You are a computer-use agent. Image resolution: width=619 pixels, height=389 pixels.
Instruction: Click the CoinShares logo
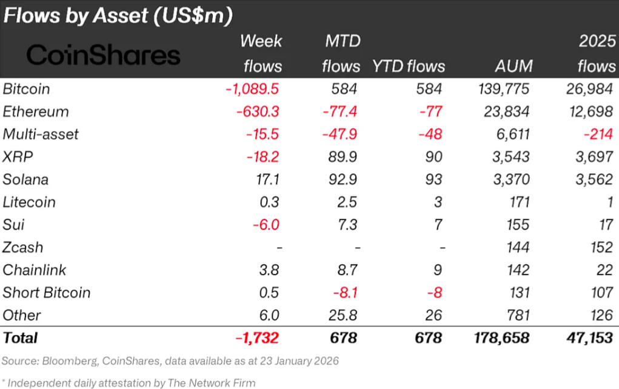pos(104,55)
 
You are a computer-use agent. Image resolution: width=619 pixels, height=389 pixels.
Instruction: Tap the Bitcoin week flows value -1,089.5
pos(252,89)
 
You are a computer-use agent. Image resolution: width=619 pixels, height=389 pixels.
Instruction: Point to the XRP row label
pos(18,157)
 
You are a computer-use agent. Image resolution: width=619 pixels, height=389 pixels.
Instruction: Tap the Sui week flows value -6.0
pos(266,225)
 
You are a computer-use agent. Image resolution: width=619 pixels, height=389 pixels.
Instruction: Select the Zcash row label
pos(22,247)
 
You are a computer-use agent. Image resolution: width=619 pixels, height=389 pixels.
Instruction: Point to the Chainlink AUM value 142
pos(517,270)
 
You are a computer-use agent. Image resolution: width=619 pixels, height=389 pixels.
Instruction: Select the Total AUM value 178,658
pos(500,337)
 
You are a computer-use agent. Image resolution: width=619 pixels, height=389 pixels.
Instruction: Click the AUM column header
pos(513,66)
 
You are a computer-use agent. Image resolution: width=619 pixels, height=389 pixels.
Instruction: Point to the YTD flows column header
pos(408,66)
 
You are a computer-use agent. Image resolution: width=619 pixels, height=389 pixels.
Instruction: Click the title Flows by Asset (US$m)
pos(118,16)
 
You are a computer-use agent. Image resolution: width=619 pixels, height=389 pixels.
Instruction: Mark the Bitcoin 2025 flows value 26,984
pos(587,89)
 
